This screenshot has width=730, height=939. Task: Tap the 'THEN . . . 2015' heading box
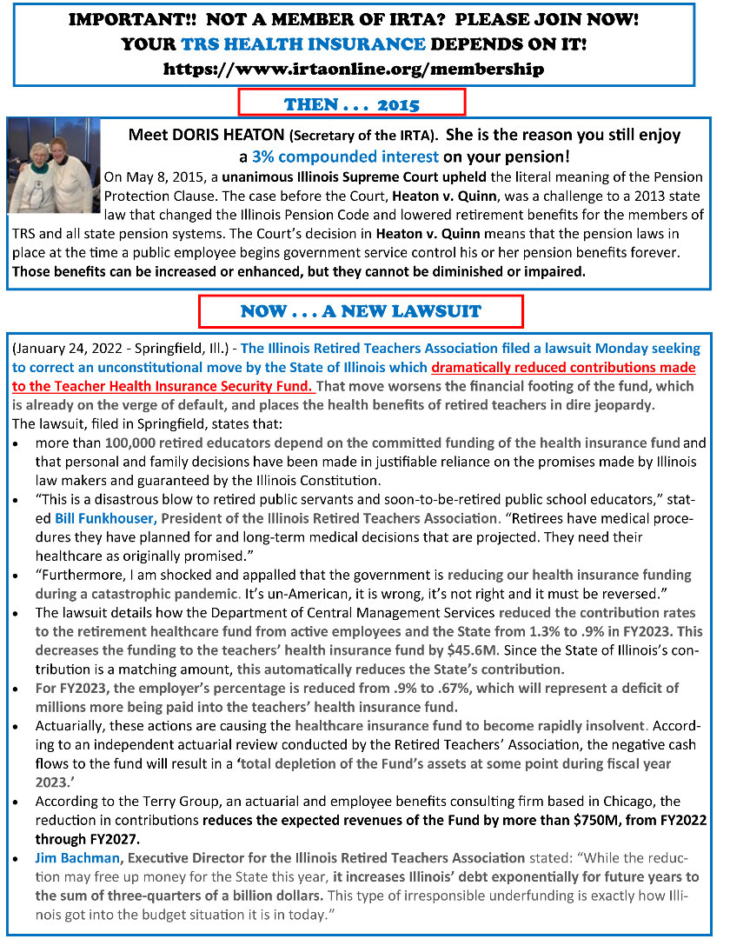(x=352, y=105)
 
